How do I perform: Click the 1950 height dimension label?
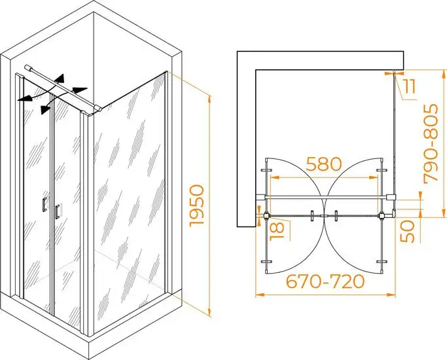[x=197, y=206]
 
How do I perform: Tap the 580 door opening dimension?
[x=324, y=164]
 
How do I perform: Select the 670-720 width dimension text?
[x=325, y=281]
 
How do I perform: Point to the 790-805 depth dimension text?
[x=431, y=143]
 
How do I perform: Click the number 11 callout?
[x=410, y=86]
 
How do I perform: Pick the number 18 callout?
[x=277, y=230]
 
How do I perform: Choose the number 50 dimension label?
[x=407, y=231]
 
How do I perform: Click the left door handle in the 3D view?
[x=45, y=205]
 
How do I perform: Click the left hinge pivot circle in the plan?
[x=267, y=215]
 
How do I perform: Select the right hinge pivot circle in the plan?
[x=382, y=215]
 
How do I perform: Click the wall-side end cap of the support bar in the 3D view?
[x=27, y=67]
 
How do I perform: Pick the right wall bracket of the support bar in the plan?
[x=391, y=197]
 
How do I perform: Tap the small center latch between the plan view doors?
[x=324, y=216]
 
